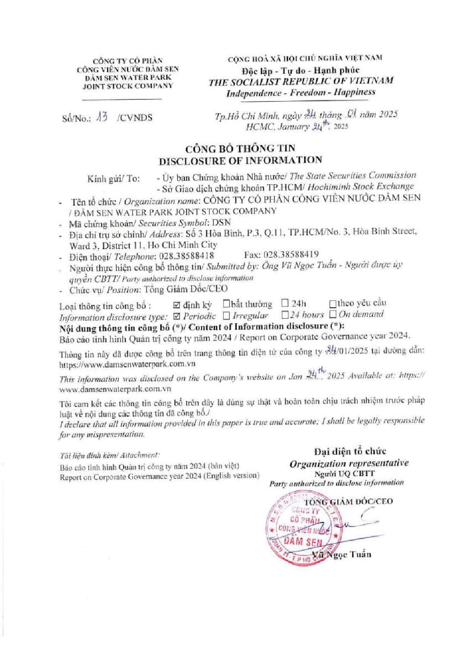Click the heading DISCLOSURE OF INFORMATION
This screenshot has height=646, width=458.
(240, 161)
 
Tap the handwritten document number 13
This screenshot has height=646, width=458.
(102, 116)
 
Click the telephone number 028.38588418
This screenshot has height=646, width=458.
(188, 256)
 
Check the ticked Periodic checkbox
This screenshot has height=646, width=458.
(176, 315)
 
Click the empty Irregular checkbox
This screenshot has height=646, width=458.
(226, 315)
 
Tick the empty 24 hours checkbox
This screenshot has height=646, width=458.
(285, 315)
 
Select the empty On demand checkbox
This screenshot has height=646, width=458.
(333, 314)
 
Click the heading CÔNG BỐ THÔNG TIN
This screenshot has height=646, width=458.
(240, 148)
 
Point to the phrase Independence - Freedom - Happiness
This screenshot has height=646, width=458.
(301, 92)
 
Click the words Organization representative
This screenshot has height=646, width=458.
(349, 463)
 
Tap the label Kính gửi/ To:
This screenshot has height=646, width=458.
(113, 179)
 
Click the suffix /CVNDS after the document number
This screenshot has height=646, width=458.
(134, 117)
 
